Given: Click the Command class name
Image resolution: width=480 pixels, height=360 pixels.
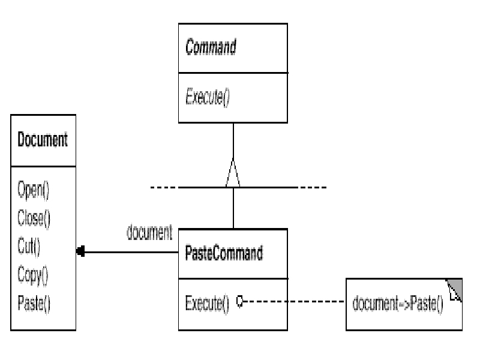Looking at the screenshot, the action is coord(211,47).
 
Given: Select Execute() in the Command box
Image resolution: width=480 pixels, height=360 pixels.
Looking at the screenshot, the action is coord(208,97).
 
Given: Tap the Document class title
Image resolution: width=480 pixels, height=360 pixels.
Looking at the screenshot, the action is coord(43,139).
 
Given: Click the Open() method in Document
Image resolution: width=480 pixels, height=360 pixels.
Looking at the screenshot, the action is coord(34,190).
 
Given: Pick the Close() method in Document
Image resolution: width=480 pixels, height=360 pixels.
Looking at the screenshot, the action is coord(34,218).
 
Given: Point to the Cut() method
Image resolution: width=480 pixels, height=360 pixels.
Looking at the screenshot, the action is coord(29,247).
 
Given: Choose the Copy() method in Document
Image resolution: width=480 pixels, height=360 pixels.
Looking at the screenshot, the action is coord(33,275).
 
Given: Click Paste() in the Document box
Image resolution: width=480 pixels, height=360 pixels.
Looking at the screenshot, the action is coord(34,304).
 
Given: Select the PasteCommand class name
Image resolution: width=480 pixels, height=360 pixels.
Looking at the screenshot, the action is coord(224,253).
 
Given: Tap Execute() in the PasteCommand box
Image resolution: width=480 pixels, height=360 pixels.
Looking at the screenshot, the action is coord(207,304).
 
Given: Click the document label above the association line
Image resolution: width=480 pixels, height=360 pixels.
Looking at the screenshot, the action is coord(149,232).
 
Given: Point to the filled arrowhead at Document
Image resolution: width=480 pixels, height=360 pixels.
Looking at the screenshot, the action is coord(80,251).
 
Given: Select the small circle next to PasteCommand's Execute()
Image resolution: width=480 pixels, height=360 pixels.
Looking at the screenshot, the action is coord(240,301).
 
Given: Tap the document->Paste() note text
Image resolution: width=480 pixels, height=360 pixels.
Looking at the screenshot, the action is coord(398,304).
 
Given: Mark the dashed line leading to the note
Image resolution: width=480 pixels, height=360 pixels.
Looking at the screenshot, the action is coord(293,302).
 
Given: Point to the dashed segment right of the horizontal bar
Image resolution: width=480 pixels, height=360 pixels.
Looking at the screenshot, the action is coord(312,187).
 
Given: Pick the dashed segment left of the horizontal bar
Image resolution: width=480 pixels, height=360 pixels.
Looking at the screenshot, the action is coord(164,187).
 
